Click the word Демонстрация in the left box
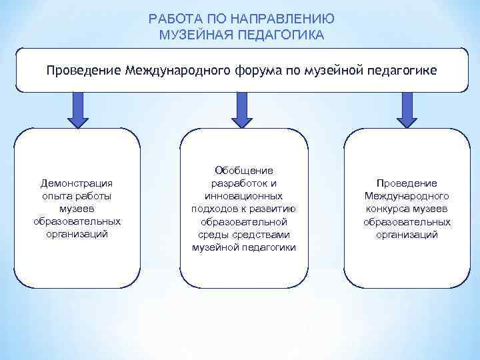coord(77,183)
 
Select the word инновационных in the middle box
coord(243,196)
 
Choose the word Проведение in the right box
coord(407,183)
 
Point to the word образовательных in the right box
coord(407,221)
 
